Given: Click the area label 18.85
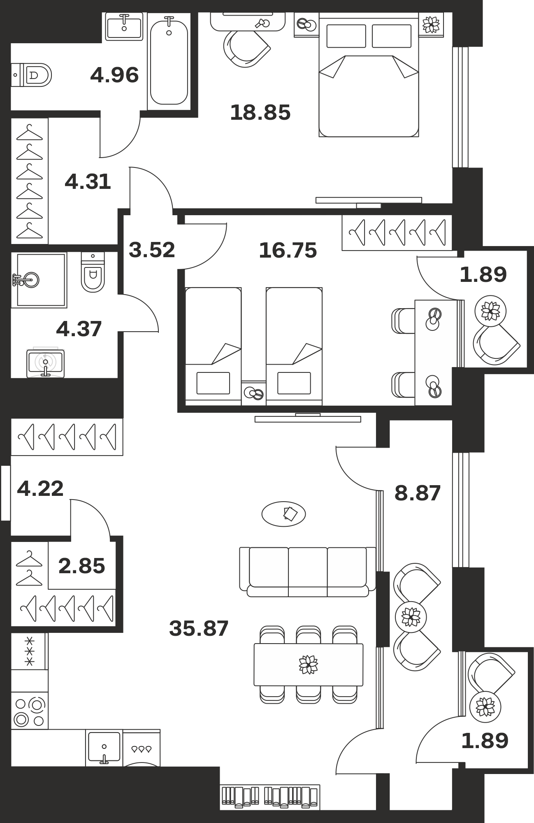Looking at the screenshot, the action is (x=260, y=112).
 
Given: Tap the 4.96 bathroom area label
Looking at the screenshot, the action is (x=114, y=75).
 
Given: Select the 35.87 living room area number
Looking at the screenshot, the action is (x=199, y=628).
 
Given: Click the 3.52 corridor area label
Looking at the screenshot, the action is (x=152, y=250).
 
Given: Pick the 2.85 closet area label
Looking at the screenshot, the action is (x=81, y=566).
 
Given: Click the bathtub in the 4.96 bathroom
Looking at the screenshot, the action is (x=169, y=61).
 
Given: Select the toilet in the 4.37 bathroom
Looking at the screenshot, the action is (x=93, y=272).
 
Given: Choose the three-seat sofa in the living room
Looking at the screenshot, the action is (x=308, y=572).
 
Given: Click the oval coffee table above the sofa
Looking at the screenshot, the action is (x=283, y=514).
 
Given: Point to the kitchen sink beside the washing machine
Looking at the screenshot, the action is (x=104, y=748).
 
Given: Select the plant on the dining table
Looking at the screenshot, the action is (x=309, y=664).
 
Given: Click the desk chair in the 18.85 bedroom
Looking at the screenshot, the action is (x=246, y=49).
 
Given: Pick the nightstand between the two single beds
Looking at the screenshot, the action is (x=253, y=393).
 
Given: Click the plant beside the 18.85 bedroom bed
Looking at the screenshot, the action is (x=431, y=25).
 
